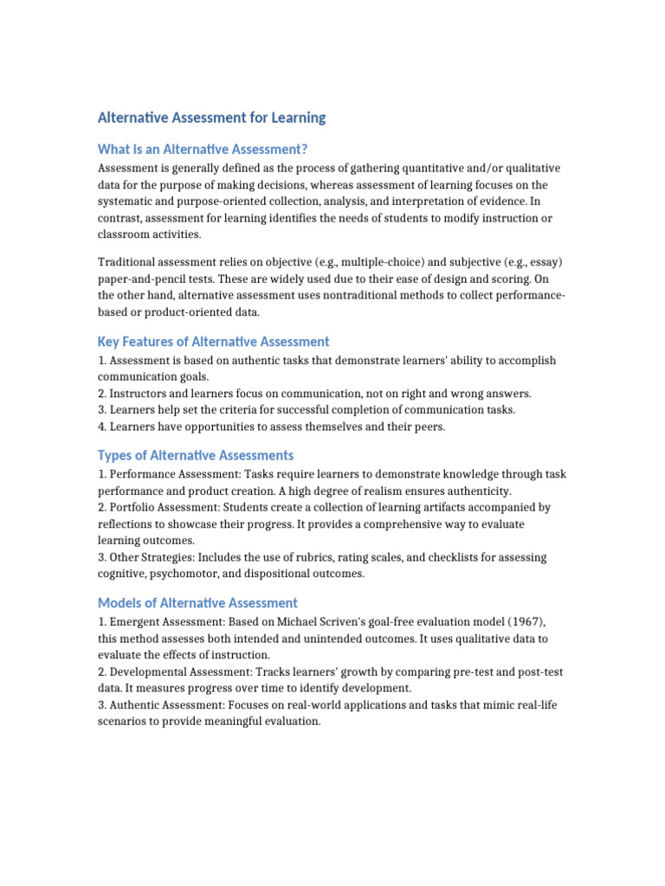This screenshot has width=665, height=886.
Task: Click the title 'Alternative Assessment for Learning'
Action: point(212,118)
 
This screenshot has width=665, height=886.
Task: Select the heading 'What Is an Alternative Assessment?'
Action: point(203,149)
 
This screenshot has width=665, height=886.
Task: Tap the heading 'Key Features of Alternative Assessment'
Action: point(214,341)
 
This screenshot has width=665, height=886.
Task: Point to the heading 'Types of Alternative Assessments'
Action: point(196,455)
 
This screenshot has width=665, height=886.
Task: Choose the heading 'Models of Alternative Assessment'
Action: point(197,603)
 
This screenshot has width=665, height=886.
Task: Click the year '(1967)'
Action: point(526,623)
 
